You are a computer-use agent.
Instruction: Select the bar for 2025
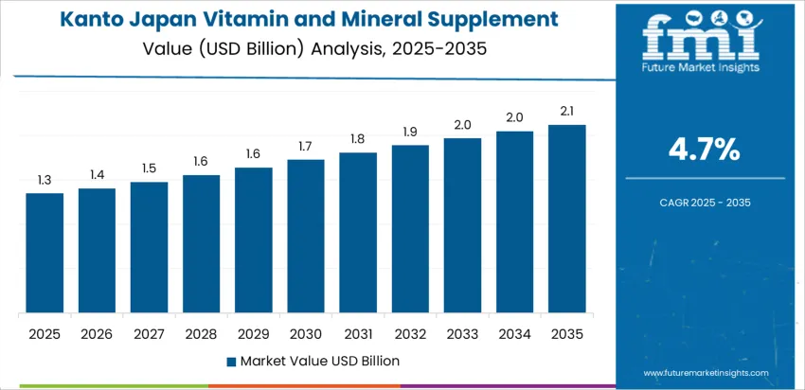click(45, 253)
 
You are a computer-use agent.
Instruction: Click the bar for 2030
click(306, 236)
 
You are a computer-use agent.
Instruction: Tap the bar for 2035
click(567, 219)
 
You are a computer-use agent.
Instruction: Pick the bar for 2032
click(410, 229)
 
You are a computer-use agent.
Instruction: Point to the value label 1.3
click(45, 180)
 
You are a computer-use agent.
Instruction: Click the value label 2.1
click(567, 112)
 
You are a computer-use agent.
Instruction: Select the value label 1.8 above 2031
click(358, 139)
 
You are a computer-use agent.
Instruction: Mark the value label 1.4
click(97, 175)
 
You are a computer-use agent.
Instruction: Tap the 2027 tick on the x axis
click(149, 333)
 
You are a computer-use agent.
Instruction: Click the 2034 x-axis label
click(515, 333)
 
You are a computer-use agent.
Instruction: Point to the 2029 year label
click(254, 333)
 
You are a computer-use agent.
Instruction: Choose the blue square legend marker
click(232, 361)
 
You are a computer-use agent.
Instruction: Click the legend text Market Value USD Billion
click(319, 361)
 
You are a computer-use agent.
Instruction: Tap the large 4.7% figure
click(705, 149)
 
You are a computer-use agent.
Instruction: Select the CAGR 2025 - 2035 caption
click(705, 203)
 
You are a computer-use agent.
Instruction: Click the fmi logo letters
click(700, 38)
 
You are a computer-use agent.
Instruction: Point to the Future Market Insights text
click(700, 69)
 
